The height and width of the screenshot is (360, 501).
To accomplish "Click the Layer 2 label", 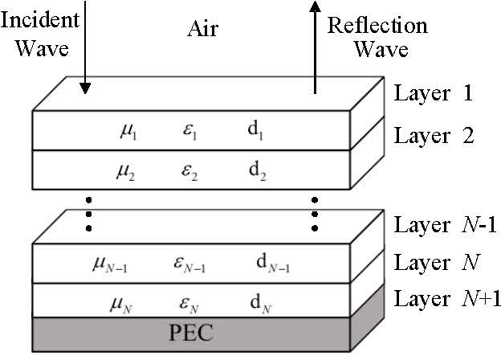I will click(434, 135).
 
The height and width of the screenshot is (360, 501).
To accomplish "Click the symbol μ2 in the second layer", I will click(127, 171).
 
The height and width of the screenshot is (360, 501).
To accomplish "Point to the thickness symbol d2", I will click(255, 171).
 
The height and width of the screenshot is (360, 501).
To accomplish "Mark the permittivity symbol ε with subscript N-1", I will click(189, 263).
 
